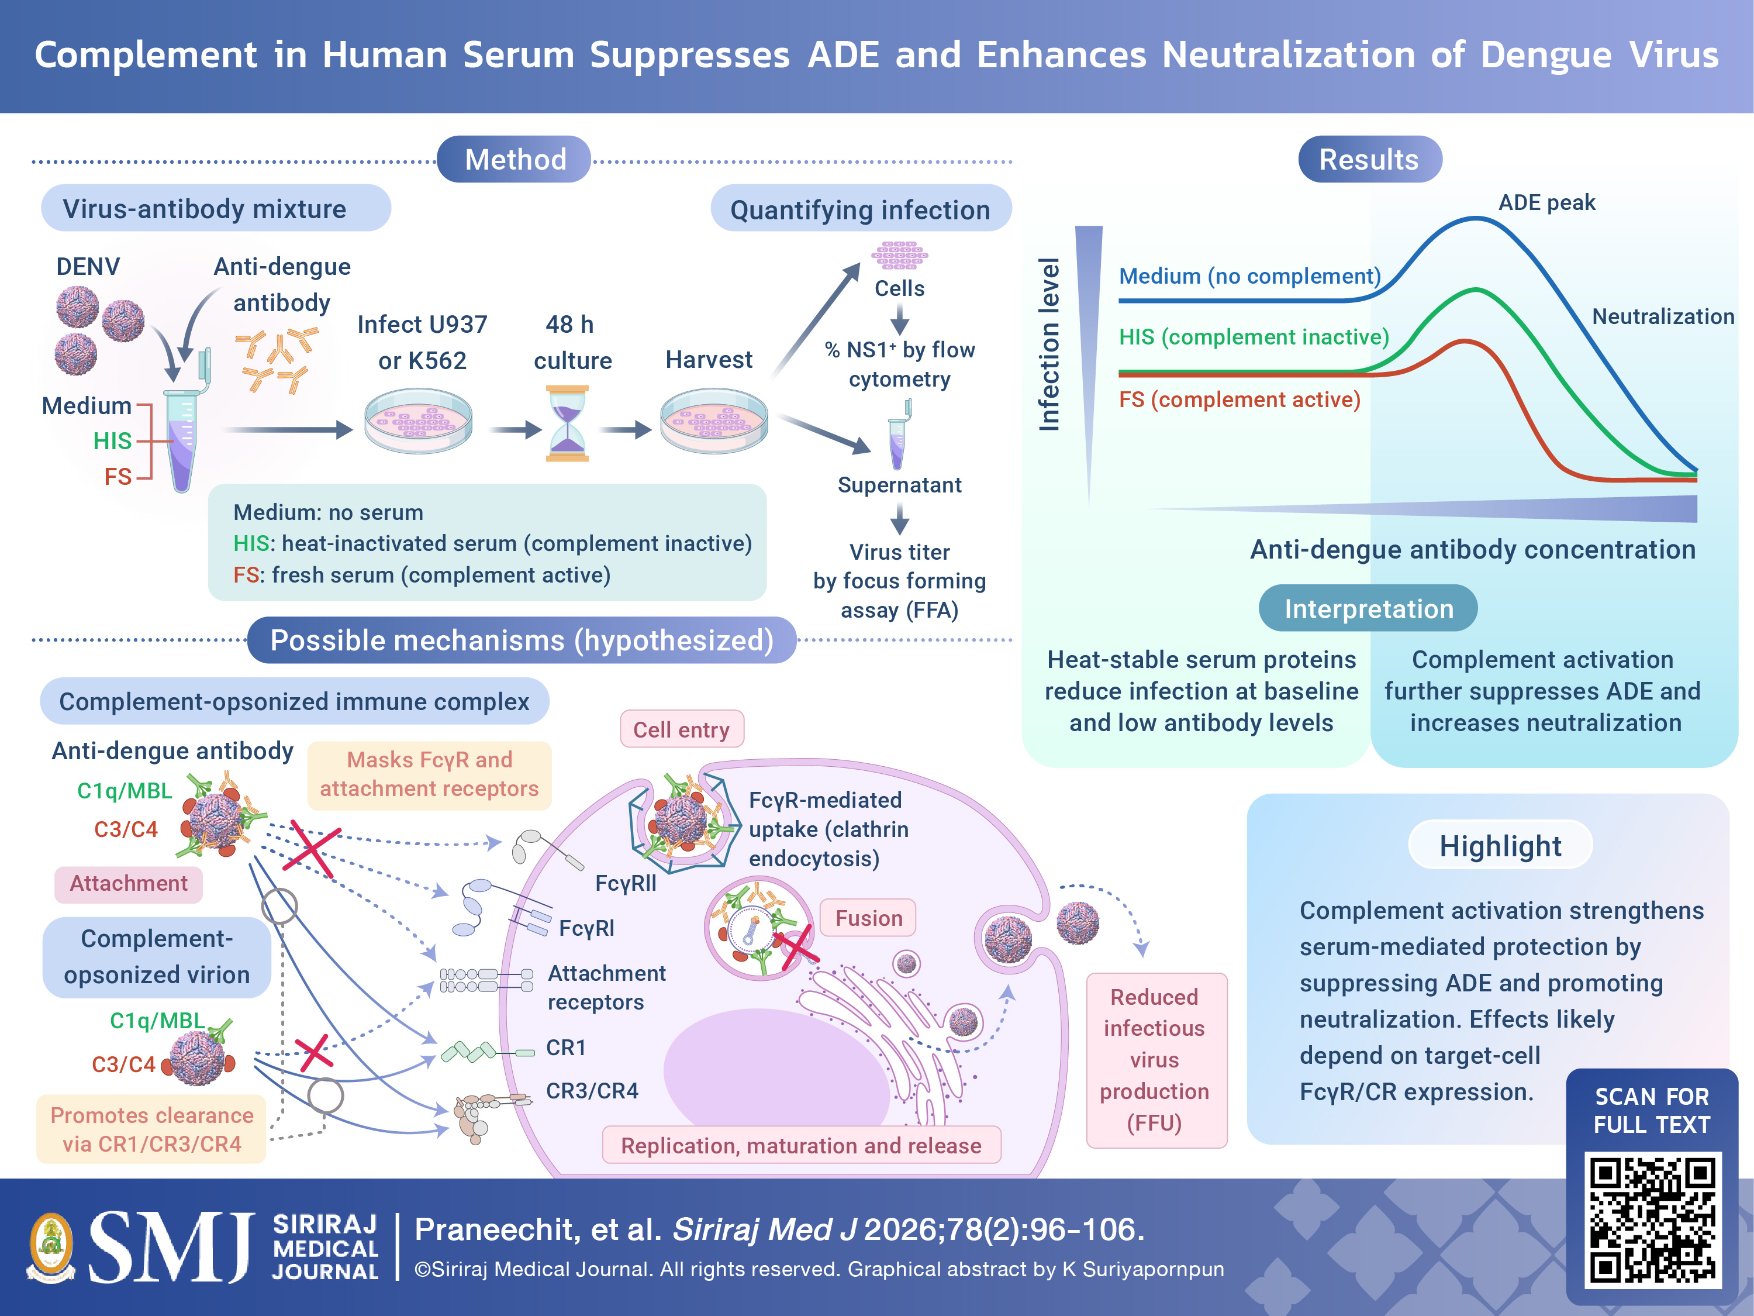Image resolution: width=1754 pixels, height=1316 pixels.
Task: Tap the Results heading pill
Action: [x=1369, y=160]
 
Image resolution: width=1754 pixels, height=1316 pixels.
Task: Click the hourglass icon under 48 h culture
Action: [x=568, y=423]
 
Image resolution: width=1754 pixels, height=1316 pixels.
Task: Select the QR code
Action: [x=1652, y=1219]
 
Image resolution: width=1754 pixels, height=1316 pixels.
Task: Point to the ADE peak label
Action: [x=1546, y=203]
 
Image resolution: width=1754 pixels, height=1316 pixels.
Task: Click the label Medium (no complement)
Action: [x=1249, y=276]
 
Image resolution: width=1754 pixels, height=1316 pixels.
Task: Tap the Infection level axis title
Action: [x=1049, y=344]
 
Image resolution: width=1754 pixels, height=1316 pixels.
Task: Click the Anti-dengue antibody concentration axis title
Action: [x=1473, y=549]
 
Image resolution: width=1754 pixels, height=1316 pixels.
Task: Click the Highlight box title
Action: [x=1500, y=846]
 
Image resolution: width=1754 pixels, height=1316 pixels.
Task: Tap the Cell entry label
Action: [x=681, y=730]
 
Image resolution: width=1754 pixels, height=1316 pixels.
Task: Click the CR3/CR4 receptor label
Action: [x=592, y=1091]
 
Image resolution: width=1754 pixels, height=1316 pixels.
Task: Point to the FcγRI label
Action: [x=587, y=928]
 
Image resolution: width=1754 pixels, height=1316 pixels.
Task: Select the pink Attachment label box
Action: [x=129, y=884]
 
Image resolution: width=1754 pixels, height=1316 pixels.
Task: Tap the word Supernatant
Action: [x=899, y=485]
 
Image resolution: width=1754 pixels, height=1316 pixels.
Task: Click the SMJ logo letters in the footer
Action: [x=171, y=1247]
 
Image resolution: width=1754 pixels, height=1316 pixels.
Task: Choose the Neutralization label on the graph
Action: [x=1663, y=316]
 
